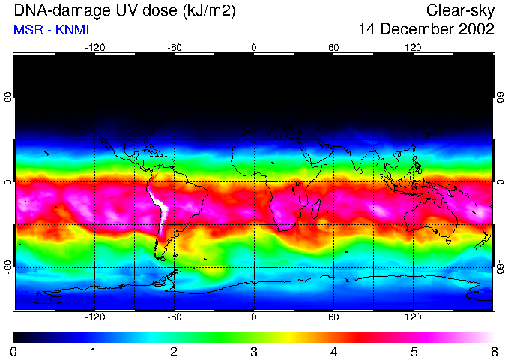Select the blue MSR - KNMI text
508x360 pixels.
pos(50,31)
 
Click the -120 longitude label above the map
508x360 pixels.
pos(94,47)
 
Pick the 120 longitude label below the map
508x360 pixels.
pos(413,317)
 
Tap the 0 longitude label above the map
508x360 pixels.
pos(254,47)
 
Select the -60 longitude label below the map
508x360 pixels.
pos(174,317)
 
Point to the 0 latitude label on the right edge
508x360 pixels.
pos(500,182)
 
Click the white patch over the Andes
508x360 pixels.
pos(159,206)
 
